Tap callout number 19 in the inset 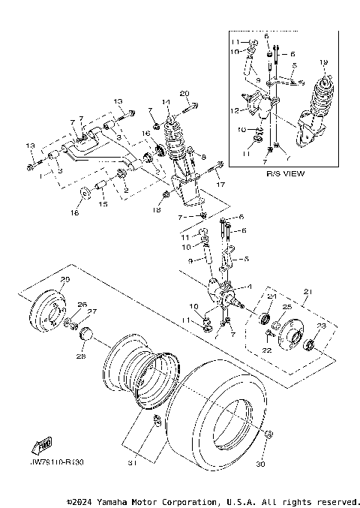[324, 62]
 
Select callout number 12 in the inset [236, 111]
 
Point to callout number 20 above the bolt [184, 93]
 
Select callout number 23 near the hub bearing [321, 326]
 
